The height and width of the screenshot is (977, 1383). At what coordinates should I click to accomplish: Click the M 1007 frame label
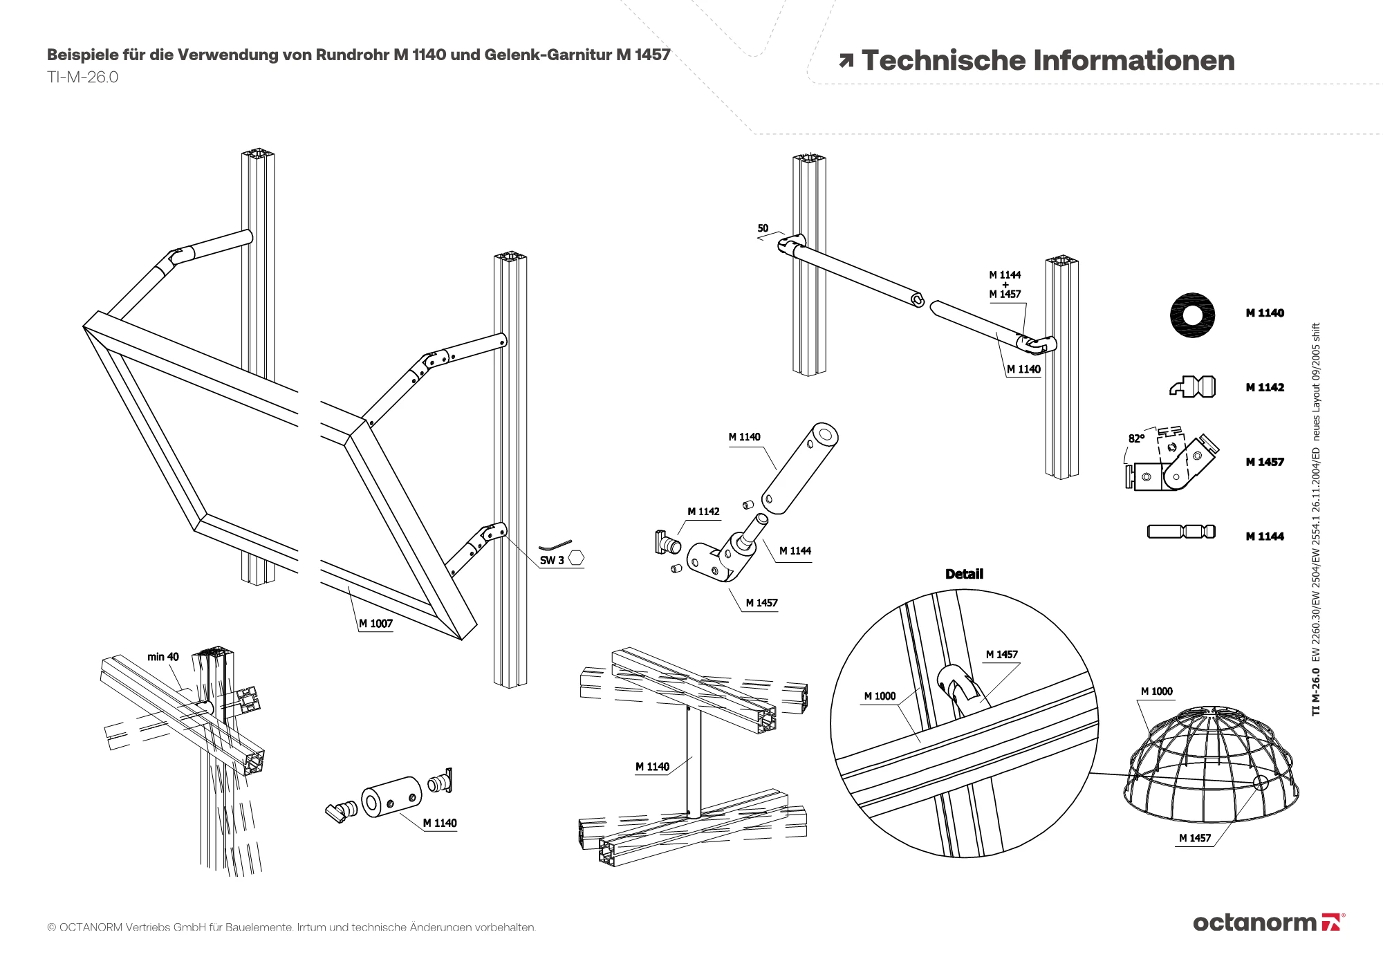tap(375, 624)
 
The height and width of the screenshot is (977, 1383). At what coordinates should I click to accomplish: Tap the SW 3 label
tap(552, 560)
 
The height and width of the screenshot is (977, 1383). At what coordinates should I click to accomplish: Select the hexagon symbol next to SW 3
tap(576, 557)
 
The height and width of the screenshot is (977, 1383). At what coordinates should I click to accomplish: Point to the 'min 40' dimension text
tap(163, 657)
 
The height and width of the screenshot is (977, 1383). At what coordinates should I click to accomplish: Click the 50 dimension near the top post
tap(763, 228)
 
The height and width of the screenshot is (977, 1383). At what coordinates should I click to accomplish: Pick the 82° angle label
tap(1136, 438)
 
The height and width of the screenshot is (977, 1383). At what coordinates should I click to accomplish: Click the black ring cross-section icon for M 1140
tap(1192, 315)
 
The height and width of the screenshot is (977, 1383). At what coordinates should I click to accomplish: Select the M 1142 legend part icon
tap(1193, 387)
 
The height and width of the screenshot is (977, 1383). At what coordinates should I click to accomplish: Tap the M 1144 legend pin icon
tap(1181, 532)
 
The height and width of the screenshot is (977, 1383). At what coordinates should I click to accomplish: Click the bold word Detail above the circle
tap(964, 574)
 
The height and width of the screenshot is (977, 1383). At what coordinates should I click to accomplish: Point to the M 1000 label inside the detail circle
tap(880, 696)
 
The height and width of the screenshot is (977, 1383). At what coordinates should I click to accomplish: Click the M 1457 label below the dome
tap(1195, 838)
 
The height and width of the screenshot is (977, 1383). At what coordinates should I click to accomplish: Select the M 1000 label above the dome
tap(1156, 691)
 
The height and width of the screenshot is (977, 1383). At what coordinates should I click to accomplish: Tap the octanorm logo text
tap(1254, 922)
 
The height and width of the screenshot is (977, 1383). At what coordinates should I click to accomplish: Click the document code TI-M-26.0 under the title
tap(82, 77)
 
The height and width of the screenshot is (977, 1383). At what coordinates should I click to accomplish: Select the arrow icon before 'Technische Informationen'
tap(846, 62)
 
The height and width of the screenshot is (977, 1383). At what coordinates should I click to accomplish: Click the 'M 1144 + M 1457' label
tap(1005, 284)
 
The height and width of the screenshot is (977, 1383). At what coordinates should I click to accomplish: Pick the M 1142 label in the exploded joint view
tap(703, 512)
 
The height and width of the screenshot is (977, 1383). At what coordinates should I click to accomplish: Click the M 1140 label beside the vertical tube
tap(652, 767)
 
